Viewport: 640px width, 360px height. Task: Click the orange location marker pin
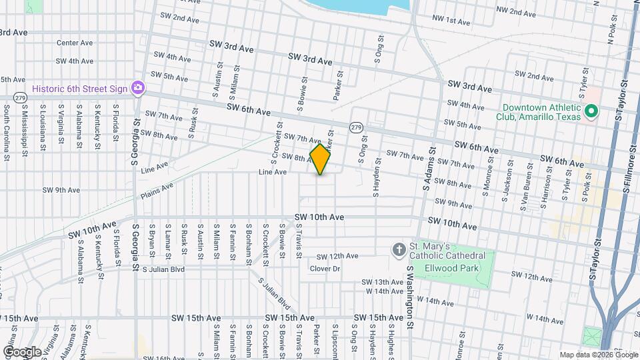tap(320, 159)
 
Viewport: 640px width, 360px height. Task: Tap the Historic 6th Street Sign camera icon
tap(138, 88)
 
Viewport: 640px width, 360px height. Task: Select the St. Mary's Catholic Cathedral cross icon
tap(399, 250)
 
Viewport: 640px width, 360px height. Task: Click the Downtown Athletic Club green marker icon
tap(589, 111)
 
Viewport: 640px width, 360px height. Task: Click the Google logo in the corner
tap(21, 351)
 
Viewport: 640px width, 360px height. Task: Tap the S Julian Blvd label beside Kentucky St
tap(164, 269)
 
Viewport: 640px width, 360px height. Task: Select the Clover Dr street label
tap(325, 269)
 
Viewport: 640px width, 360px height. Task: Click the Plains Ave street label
tap(157, 191)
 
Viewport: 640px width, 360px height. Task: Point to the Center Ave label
tap(75, 43)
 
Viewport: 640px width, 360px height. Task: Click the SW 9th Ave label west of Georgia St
tap(61, 190)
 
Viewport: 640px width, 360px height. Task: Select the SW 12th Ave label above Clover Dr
tap(337, 256)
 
